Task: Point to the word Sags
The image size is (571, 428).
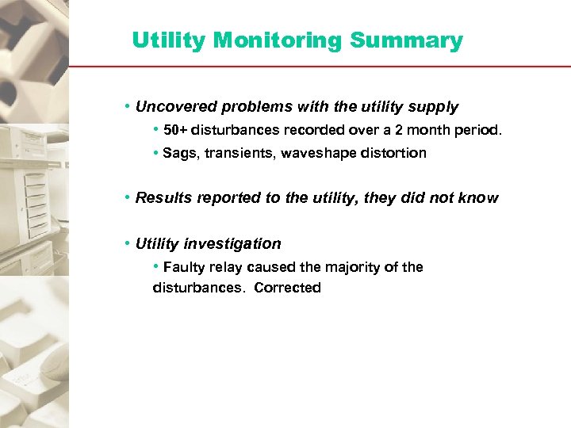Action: [x=178, y=153]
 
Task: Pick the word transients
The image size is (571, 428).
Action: [x=232, y=153]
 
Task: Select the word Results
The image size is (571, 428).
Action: [x=161, y=198]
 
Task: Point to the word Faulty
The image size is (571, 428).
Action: [x=183, y=267]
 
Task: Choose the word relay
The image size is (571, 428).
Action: [x=226, y=267]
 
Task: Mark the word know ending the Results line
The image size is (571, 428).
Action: [x=479, y=198]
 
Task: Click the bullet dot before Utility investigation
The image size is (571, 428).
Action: [x=128, y=243]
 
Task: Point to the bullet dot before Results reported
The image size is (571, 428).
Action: [x=128, y=197]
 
